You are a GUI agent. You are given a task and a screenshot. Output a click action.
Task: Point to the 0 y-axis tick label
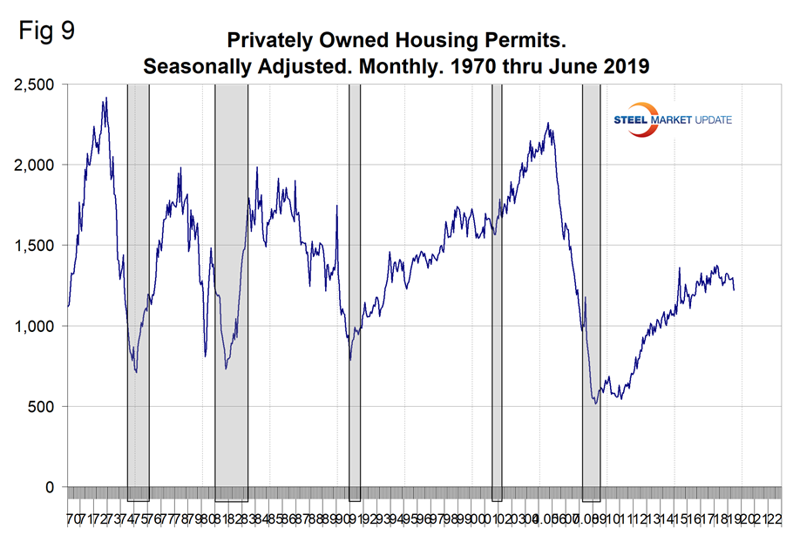48,487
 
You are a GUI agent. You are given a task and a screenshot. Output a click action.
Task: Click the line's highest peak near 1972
105,98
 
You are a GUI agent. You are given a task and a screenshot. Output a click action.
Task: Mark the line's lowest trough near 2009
595,403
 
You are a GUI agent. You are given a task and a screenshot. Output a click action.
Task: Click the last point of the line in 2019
734,289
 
